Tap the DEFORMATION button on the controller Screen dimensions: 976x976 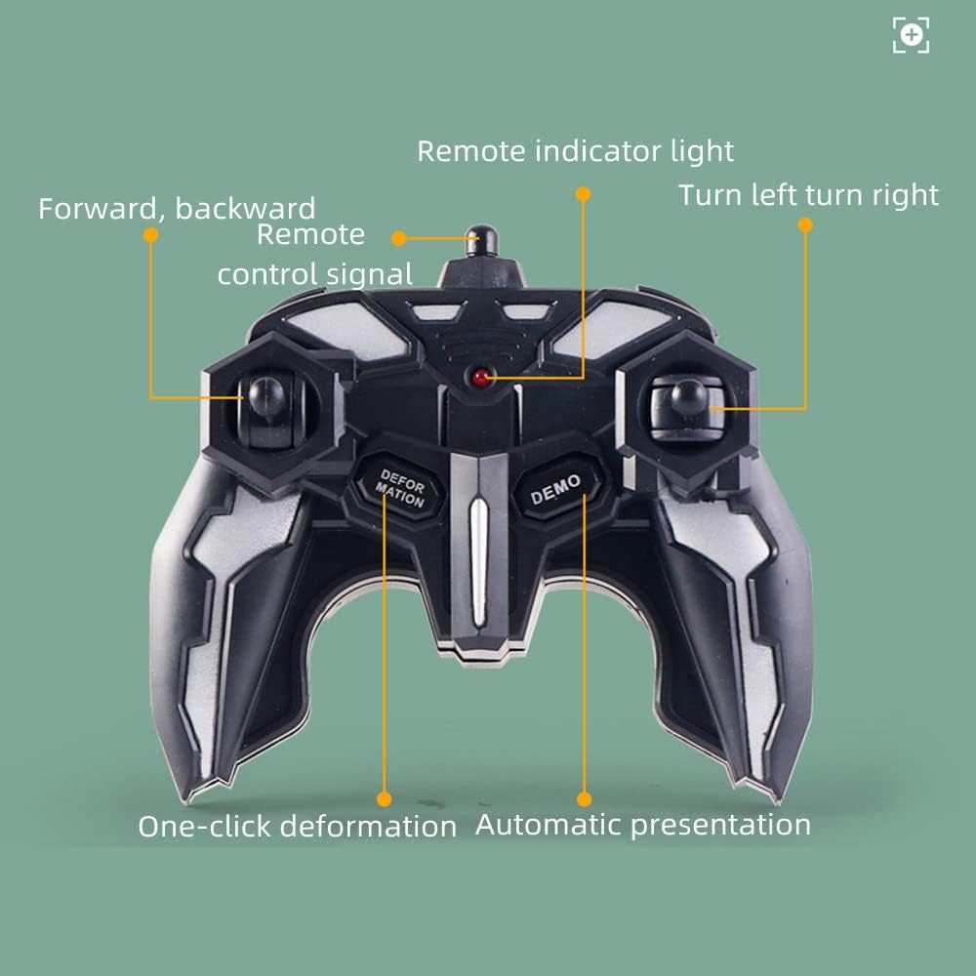(x=401, y=487)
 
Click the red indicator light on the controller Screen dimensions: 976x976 (x=481, y=376)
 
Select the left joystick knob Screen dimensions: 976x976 (x=265, y=396)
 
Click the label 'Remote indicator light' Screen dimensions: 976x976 (x=575, y=151)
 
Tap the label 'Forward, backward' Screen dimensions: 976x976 (x=177, y=208)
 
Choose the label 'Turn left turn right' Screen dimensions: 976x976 (x=808, y=194)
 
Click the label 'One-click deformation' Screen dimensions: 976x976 (x=297, y=826)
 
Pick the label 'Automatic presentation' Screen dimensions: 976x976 (x=642, y=825)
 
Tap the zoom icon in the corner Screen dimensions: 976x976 (x=911, y=35)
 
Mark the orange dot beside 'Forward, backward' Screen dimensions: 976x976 (x=150, y=235)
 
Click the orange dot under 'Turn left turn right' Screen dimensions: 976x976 (x=805, y=224)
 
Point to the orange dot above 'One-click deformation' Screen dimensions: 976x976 (x=384, y=798)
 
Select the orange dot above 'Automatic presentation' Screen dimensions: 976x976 (x=585, y=797)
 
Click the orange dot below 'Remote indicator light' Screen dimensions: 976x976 (x=583, y=193)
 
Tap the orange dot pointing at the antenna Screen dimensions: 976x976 (x=399, y=237)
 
